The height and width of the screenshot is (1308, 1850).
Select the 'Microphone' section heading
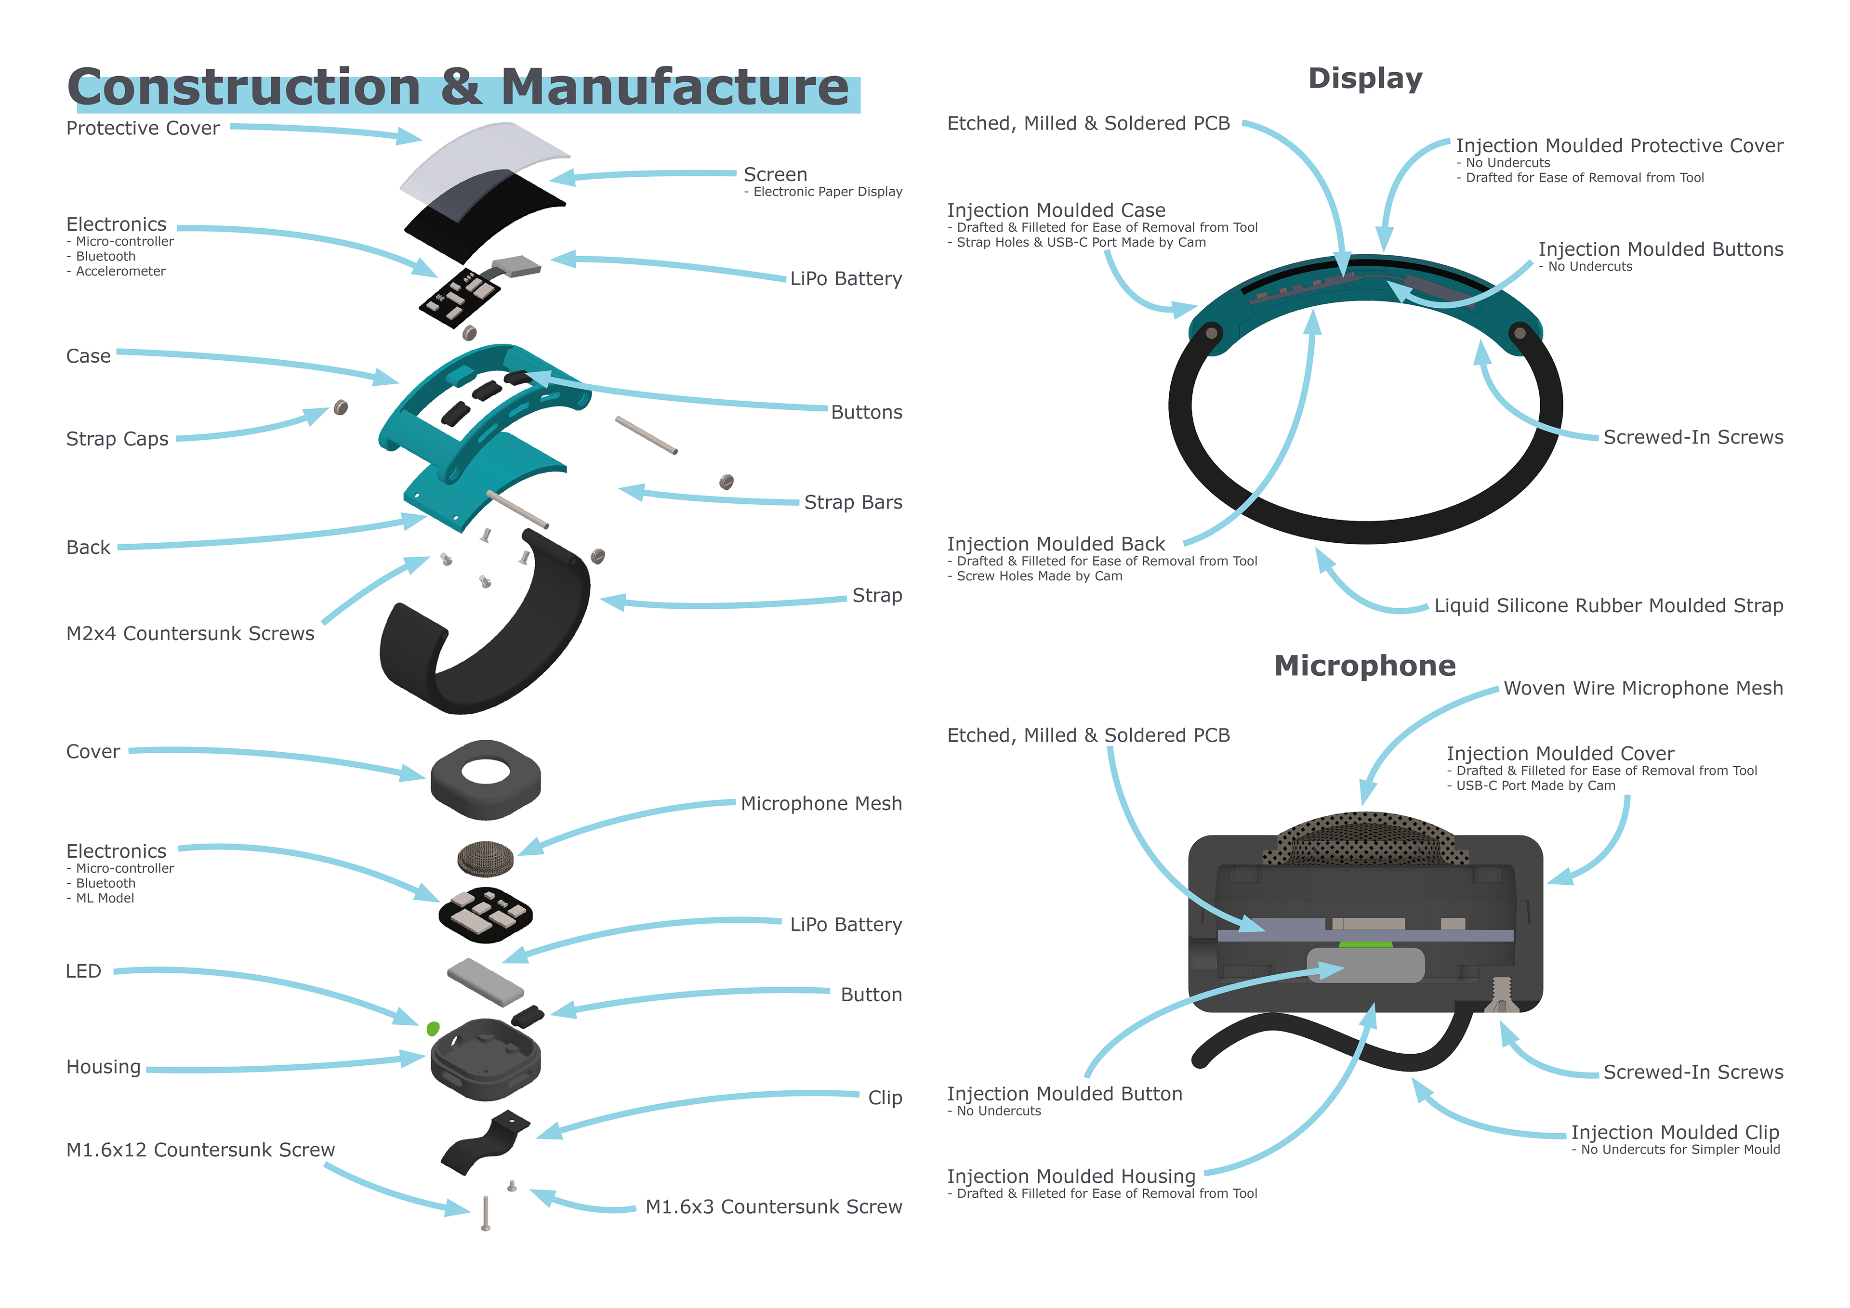pos(1365,666)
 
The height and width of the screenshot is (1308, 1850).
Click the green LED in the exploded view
pos(433,1029)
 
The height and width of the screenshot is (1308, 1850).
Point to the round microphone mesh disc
pos(485,859)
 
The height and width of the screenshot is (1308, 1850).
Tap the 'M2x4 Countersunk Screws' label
pos(190,634)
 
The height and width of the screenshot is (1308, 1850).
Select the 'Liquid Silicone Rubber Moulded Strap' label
pos(1608,606)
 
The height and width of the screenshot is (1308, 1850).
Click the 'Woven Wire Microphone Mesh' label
pos(1643,689)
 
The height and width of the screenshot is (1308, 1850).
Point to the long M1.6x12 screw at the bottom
pos(485,1213)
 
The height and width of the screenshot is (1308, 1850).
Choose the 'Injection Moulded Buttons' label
pos(1661,249)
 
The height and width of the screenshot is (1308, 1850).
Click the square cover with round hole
pos(486,780)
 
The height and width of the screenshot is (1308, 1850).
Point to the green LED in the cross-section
pos(1365,944)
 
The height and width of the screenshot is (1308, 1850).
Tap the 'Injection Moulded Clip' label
pos(1675,1132)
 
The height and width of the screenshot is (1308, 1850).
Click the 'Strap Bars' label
pos(853,503)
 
